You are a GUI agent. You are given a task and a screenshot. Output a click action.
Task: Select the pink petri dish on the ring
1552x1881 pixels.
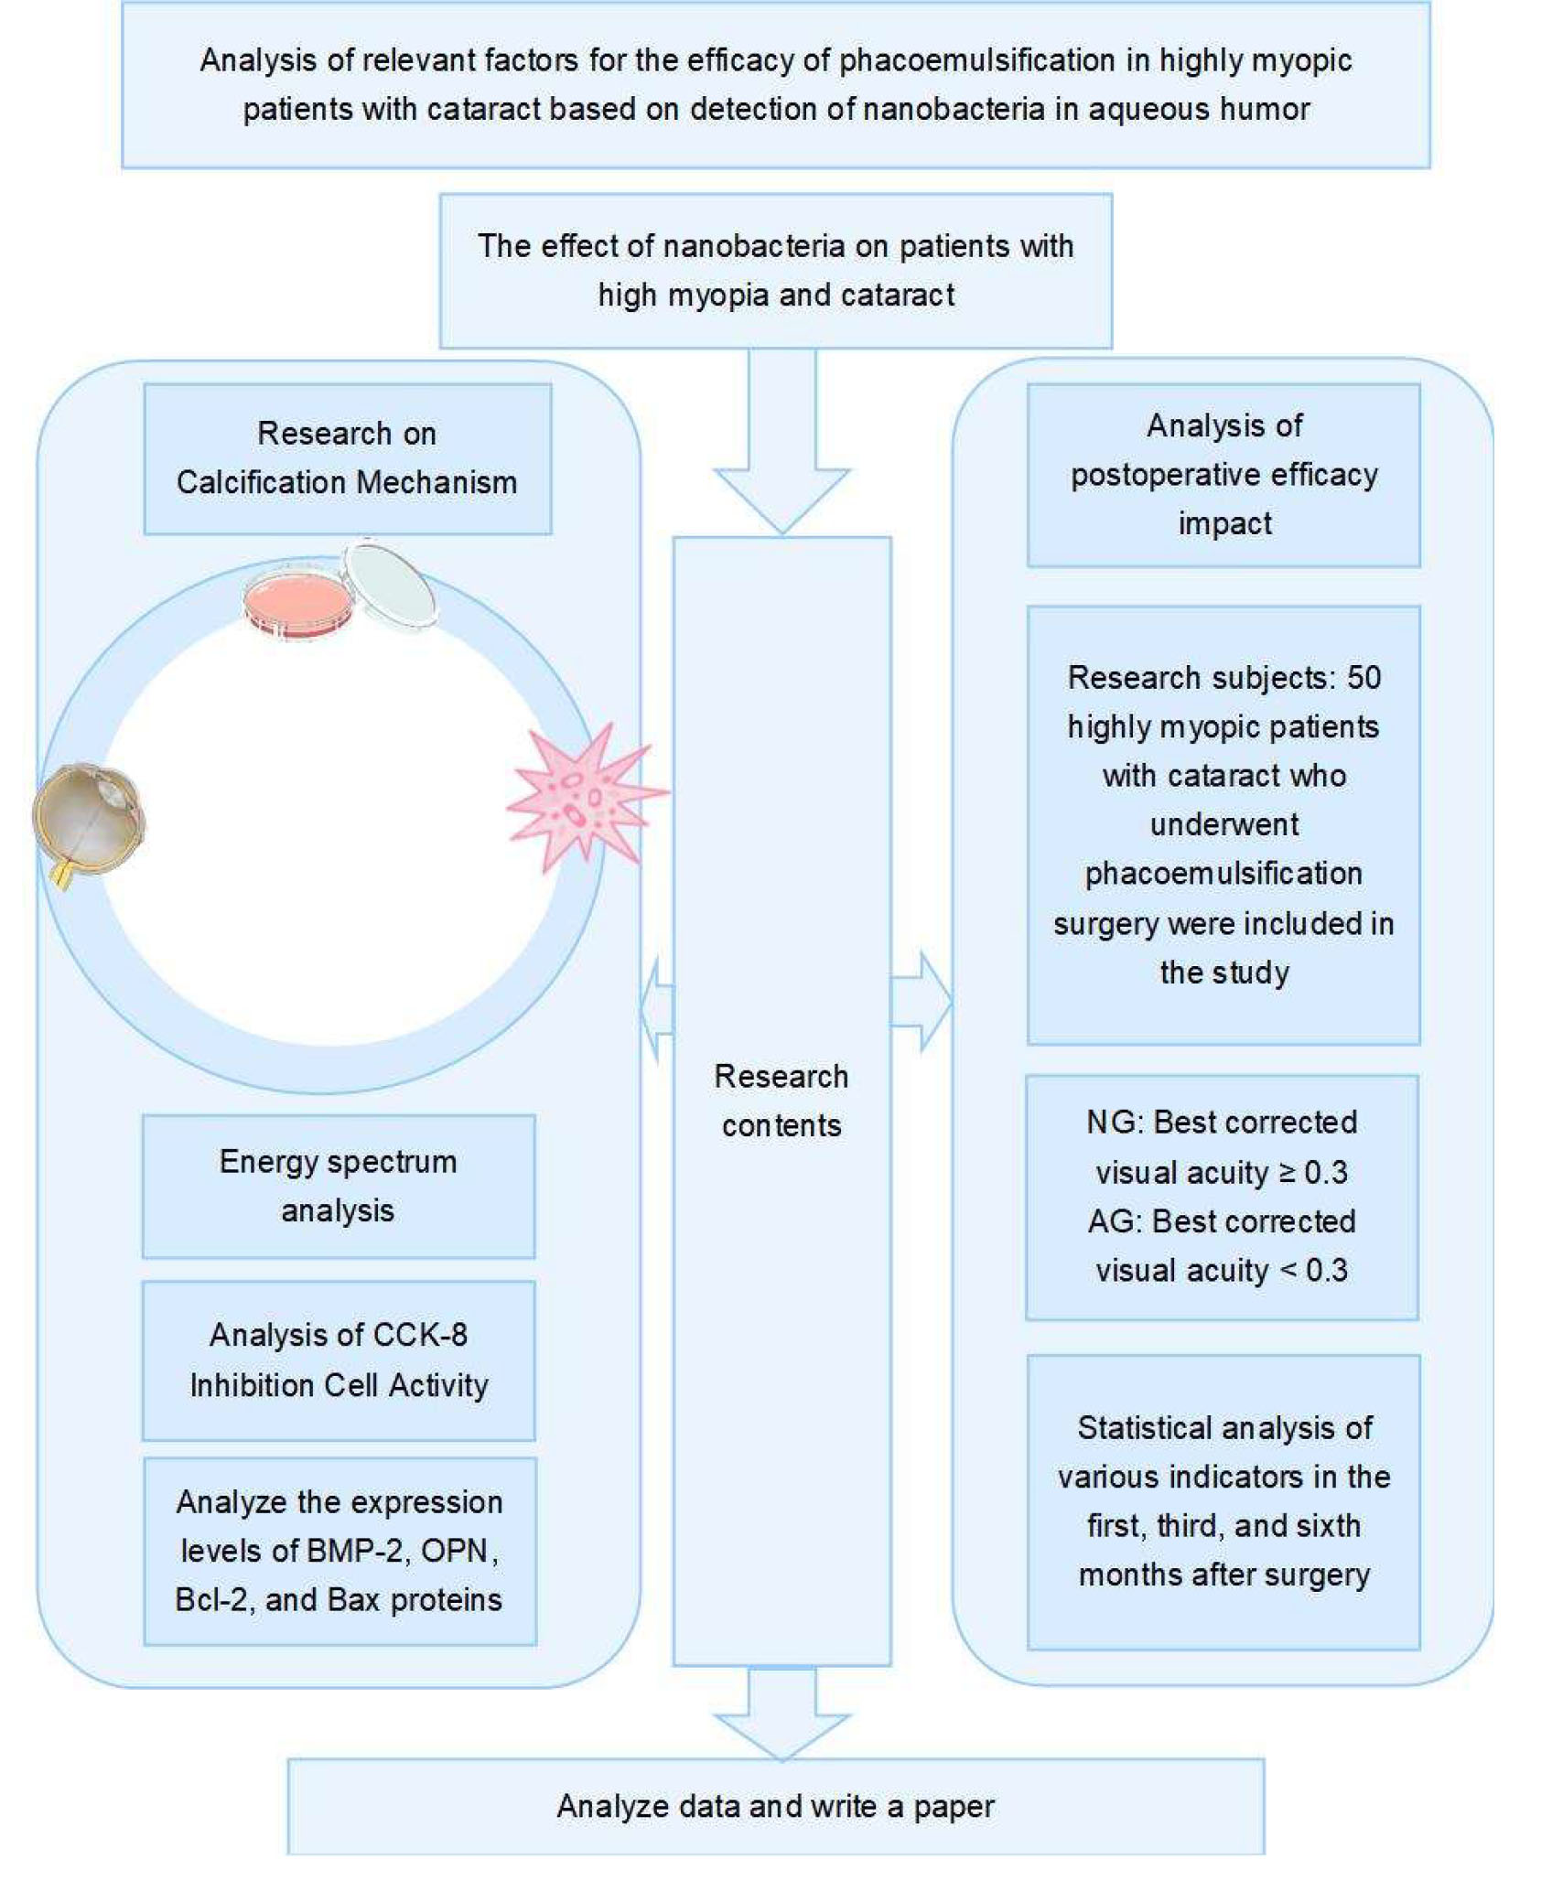coord(297,603)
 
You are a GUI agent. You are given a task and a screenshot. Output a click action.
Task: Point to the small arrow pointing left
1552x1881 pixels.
coord(657,1010)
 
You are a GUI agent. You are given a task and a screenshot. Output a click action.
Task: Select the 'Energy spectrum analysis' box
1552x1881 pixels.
coord(339,1186)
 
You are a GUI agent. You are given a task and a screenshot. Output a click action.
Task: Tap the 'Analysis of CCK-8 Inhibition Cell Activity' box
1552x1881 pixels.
coord(339,1360)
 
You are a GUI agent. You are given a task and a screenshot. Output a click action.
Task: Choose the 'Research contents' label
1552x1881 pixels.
coord(781,1101)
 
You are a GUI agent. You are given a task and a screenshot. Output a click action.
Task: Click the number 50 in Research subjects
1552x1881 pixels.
coord(1363,678)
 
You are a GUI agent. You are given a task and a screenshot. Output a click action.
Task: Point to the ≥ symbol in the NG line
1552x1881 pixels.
coord(1287,1173)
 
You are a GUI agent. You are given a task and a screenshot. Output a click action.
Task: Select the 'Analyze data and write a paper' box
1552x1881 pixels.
coord(776,1806)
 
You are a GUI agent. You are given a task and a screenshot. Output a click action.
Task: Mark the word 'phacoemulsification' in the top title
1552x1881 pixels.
coord(995,60)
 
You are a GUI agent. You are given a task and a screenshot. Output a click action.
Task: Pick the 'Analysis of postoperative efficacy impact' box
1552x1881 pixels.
coord(1223,475)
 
